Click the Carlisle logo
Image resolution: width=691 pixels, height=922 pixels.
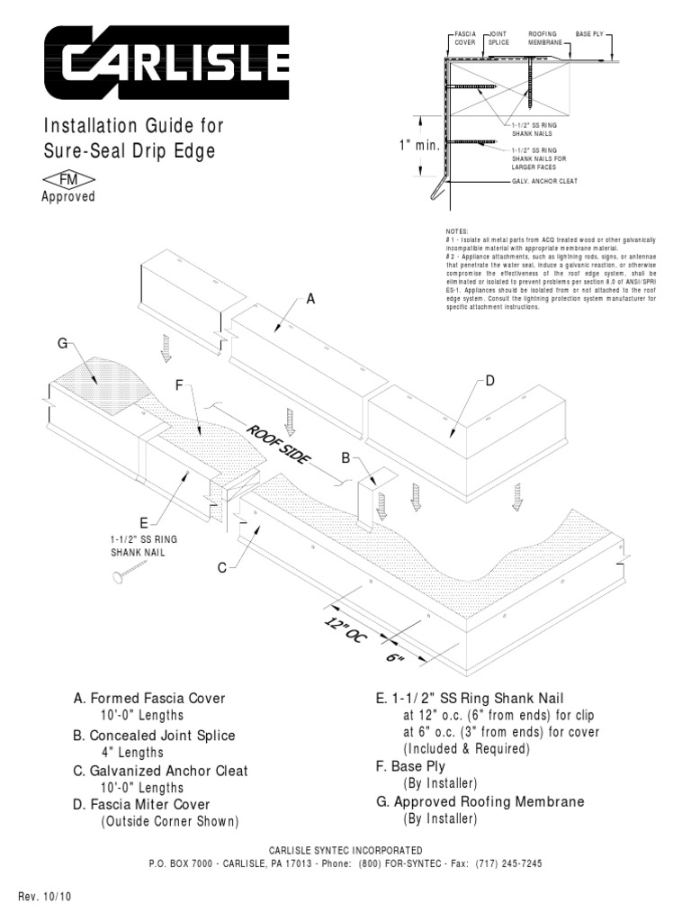[166, 61]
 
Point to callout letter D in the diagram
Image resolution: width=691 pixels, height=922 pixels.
[490, 381]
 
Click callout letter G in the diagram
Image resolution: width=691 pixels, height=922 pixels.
[62, 343]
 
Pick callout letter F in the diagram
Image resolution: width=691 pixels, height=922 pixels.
[179, 385]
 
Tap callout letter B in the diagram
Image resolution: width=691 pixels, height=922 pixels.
[345, 458]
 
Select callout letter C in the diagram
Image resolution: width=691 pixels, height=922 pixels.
[220, 568]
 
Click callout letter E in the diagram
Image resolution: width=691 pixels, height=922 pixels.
[142, 522]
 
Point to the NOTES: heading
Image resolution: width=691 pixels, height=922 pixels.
[444, 231]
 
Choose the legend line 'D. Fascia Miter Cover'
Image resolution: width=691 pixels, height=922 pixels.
[149, 804]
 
